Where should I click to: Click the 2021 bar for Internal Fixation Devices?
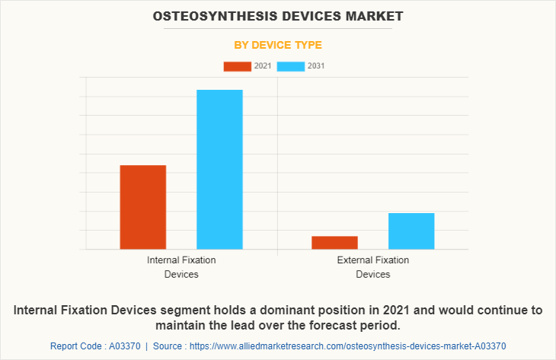[143, 207]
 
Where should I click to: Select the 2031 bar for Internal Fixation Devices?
[219, 169]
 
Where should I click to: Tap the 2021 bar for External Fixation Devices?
[334, 242]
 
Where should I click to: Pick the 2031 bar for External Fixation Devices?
[411, 231]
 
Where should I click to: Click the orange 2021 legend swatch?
[237, 66]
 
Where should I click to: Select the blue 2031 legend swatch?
[291, 66]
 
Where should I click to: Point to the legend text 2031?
[316, 66]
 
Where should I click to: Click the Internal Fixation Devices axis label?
[181, 266]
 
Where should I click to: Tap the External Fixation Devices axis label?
[372, 266]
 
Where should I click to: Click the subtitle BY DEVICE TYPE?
[278, 45]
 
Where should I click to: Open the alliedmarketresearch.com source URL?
[349, 346]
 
